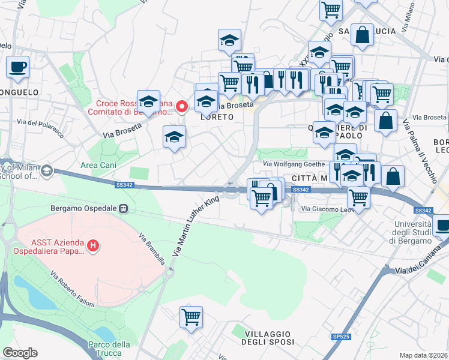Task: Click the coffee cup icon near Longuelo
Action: tap(17, 67)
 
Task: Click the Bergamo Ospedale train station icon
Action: tap(123, 208)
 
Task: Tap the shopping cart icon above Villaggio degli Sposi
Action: tap(191, 317)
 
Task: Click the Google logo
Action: tap(20, 353)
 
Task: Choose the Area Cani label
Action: tap(98, 164)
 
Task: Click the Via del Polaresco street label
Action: tap(40, 127)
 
